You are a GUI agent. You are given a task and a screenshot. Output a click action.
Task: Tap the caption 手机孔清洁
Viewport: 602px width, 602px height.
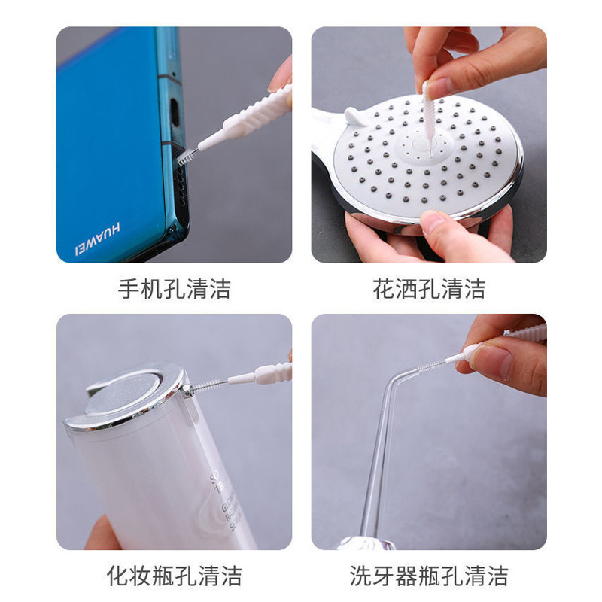point(174,288)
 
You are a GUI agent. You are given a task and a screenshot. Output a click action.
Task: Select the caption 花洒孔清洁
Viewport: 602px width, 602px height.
point(429,288)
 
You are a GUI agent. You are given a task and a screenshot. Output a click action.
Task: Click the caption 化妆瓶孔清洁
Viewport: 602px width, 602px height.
point(174,576)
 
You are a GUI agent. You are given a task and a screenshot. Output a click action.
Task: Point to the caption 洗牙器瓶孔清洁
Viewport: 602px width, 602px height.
point(429,576)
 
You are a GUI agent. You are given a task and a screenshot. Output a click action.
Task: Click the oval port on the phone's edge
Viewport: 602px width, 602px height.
point(175,113)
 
